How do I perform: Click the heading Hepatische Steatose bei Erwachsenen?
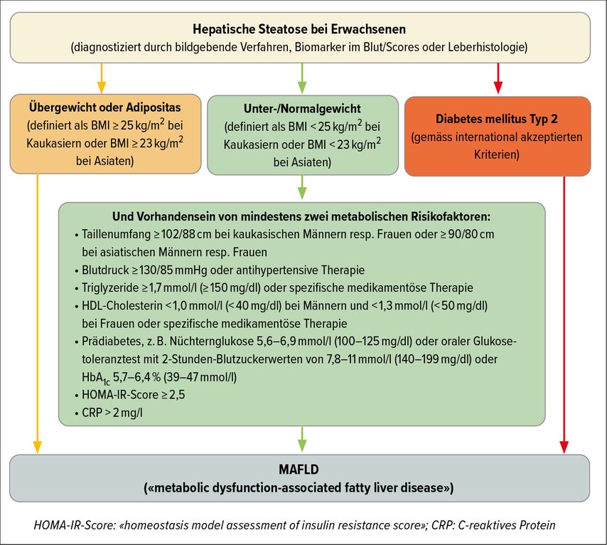click(299, 29)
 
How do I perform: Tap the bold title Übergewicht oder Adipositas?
click(105, 107)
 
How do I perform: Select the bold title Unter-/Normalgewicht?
click(302, 109)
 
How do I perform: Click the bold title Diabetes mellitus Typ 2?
click(497, 119)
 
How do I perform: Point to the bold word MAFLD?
click(299, 470)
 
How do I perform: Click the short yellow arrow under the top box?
click(102, 78)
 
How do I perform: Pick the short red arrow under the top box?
click(498, 78)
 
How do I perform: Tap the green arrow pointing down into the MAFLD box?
click(302, 439)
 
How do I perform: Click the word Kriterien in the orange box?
click(497, 154)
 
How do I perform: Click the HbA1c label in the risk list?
click(96, 378)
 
